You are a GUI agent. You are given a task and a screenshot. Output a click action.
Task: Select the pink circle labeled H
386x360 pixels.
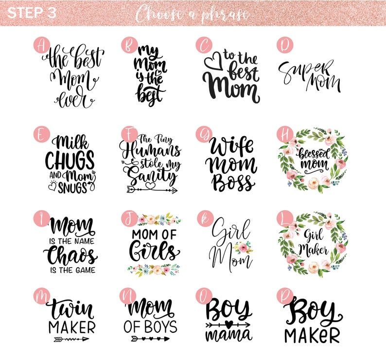(x=285, y=134)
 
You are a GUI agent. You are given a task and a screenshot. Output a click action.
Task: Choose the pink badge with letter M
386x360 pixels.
(x=42, y=296)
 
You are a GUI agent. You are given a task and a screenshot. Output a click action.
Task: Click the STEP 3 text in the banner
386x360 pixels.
(x=32, y=13)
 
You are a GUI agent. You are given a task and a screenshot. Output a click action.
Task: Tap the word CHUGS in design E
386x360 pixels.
(x=70, y=160)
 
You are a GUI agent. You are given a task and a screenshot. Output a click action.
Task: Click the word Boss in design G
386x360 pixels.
(x=232, y=182)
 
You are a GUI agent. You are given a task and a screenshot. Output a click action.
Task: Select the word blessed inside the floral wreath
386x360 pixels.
(x=314, y=154)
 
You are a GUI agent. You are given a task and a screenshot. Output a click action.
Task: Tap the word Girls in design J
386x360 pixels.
(x=154, y=251)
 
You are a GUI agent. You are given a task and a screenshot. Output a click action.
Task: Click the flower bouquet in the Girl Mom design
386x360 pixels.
(x=243, y=248)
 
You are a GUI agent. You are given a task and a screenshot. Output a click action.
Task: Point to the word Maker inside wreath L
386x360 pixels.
(x=314, y=250)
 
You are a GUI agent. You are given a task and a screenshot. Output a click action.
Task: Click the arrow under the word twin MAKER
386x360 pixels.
(x=71, y=339)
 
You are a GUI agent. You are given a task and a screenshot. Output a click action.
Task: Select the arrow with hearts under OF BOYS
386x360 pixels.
(x=150, y=339)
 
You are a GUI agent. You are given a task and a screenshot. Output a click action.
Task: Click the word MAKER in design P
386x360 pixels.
(x=312, y=335)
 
